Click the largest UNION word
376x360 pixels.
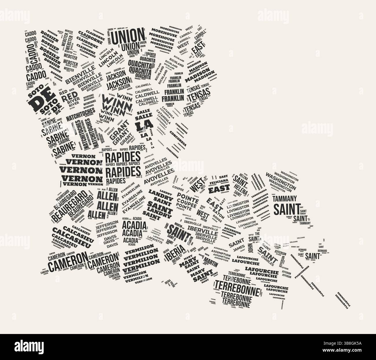click(x=128, y=37)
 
